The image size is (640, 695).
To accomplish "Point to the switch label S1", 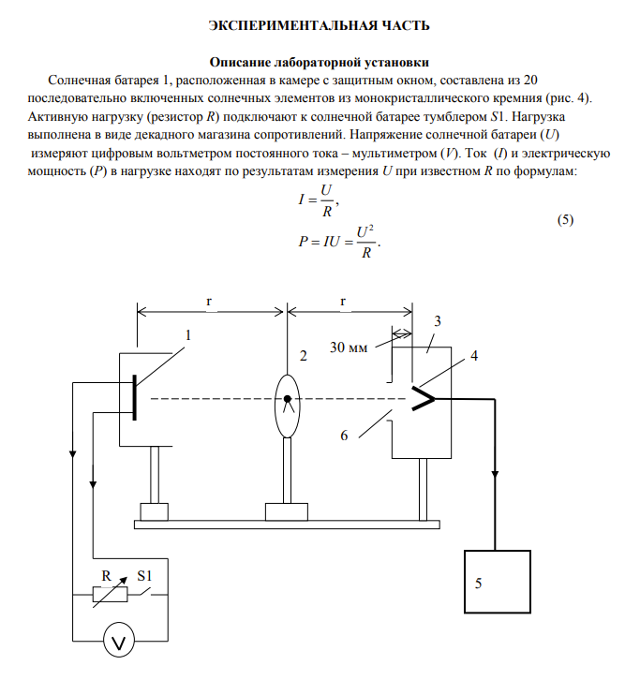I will [148, 574].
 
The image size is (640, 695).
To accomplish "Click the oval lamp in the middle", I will [287, 405].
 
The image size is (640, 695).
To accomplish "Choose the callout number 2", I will [302, 356].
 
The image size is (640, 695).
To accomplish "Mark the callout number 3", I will [437, 321].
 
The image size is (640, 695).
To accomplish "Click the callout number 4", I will [474, 356].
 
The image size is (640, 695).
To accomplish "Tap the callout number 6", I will [344, 436].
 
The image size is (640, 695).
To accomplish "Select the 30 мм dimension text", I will [349, 348].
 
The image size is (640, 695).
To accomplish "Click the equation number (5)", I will [564, 220].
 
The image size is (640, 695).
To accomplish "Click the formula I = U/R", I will [316, 200].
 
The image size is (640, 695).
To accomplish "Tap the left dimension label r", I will [209, 301].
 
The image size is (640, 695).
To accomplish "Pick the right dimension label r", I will [343, 301].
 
